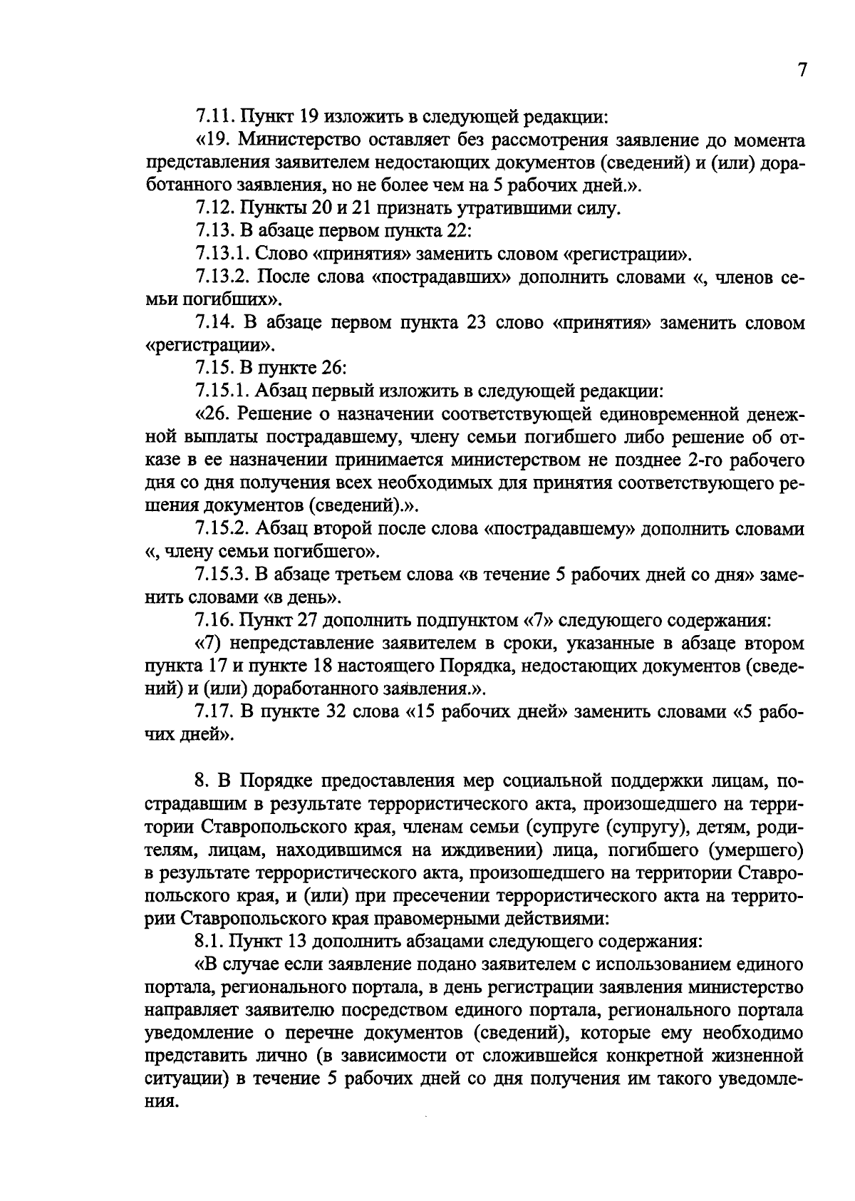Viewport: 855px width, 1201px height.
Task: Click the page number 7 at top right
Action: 801,70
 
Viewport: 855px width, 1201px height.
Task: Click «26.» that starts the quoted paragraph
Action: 214,414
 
